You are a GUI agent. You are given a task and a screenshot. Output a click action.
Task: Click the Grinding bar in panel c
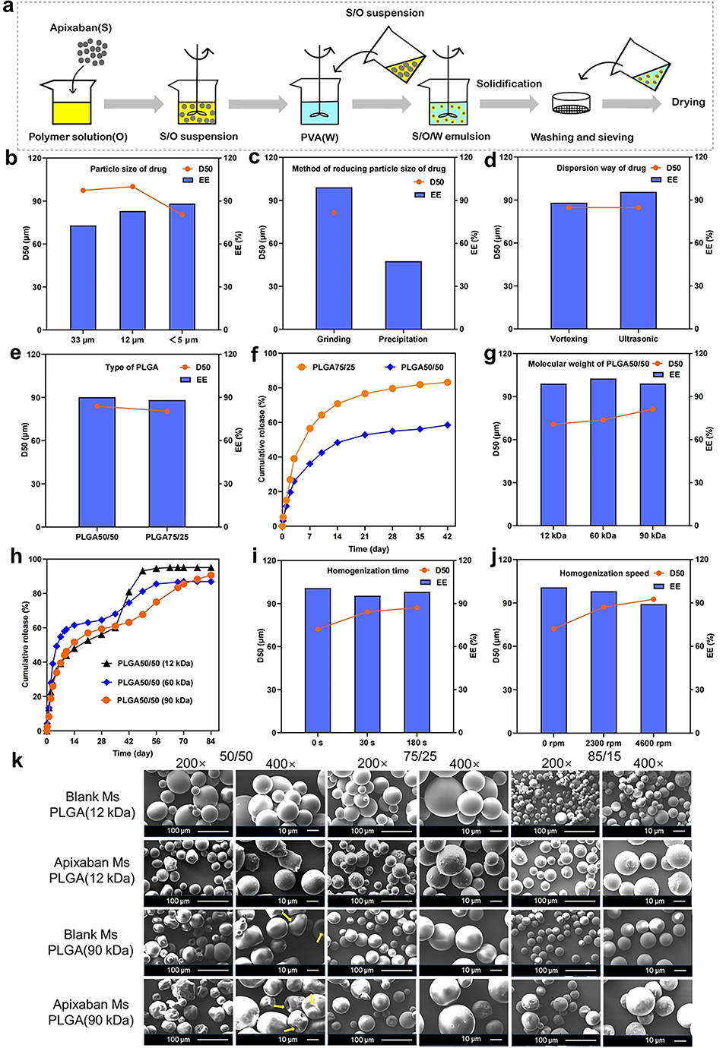click(334, 258)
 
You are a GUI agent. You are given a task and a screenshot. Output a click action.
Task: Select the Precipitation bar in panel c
click(403, 295)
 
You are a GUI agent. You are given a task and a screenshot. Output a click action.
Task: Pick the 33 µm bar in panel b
click(83, 278)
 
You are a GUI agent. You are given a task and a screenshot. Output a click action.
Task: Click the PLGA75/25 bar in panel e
click(167, 463)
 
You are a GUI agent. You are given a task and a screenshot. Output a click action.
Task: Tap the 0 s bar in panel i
click(317, 660)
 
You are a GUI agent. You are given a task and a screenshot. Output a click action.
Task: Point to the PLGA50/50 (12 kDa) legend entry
click(147, 664)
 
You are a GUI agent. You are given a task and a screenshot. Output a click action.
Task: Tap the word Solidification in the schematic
click(509, 84)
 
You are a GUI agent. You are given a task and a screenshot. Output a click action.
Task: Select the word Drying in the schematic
click(688, 102)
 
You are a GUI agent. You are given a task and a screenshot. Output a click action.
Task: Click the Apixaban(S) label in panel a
click(81, 28)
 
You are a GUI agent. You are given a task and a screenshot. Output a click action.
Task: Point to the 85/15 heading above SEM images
click(604, 756)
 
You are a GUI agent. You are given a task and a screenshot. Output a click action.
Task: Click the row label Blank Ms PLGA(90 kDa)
click(91, 942)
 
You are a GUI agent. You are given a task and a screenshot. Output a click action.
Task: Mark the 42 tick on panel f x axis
click(447, 537)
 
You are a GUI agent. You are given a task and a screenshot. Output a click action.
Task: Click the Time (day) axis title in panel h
click(132, 753)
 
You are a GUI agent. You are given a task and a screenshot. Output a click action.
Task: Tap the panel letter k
click(17, 761)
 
